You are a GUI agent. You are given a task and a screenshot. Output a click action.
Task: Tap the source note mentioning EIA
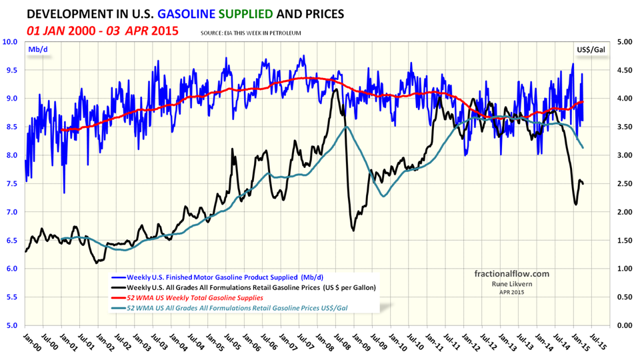click(250, 33)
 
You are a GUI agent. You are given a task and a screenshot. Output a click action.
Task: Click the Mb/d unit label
click(35, 49)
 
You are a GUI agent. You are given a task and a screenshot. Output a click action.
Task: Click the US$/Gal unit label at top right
click(591, 49)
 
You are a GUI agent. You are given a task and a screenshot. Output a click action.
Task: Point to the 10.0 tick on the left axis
click(12, 41)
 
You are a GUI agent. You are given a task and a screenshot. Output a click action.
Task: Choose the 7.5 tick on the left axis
click(12, 183)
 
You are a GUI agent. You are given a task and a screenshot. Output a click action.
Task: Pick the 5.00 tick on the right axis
click(623, 41)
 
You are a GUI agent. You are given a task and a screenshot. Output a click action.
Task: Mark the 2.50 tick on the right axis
click(623, 183)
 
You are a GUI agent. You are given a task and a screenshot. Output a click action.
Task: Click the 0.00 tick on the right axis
click(623, 325)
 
